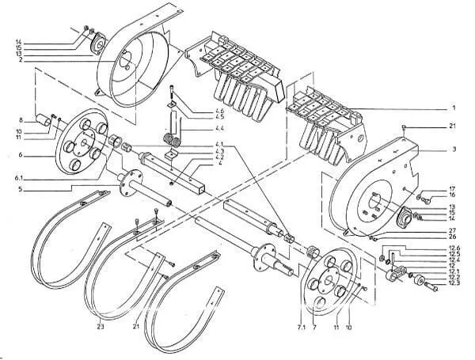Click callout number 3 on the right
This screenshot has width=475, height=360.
click(x=454, y=148)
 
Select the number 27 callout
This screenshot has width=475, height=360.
click(x=452, y=229)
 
